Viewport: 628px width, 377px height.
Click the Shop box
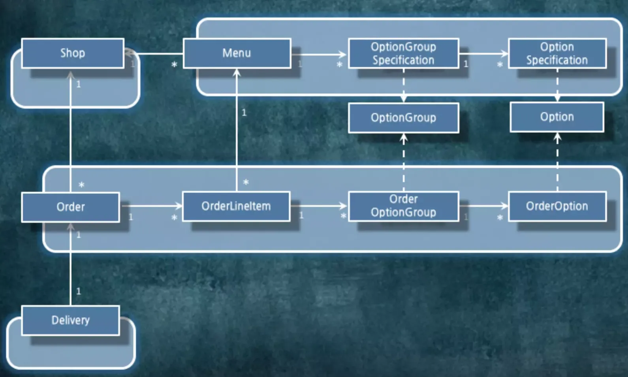point(73,53)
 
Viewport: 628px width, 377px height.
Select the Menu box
point(237,53)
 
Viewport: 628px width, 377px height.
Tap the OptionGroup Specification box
point(403,53)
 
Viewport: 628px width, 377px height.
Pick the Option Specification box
point(557,53)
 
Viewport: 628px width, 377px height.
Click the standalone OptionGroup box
point(403,118)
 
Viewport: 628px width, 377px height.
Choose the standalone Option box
point(557,117)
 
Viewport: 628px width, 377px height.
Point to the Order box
point(70,207)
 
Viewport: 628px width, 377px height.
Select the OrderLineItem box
point(236,206)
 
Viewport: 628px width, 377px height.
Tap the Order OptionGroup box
point(403,206)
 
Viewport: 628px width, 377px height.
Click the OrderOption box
point(557,206)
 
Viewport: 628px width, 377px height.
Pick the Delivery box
point(70,320)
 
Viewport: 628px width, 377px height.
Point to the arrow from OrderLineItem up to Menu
point(237,130)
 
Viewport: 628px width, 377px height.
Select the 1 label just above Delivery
point(79,291)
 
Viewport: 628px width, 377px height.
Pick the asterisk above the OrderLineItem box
point(246,182)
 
